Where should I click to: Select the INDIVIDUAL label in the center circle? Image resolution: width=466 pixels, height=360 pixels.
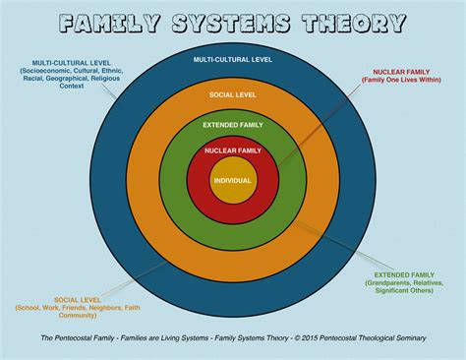(x=232, y=181)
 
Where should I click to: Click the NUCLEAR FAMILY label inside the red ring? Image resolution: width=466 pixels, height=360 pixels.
(x=232, y=150)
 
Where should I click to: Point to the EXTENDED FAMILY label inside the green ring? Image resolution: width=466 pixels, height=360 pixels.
(x=232, y=125)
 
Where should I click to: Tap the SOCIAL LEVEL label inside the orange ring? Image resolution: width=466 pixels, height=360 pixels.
(x=232, y=95)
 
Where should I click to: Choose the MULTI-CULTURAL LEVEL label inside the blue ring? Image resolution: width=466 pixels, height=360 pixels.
(x=232, y=60)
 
